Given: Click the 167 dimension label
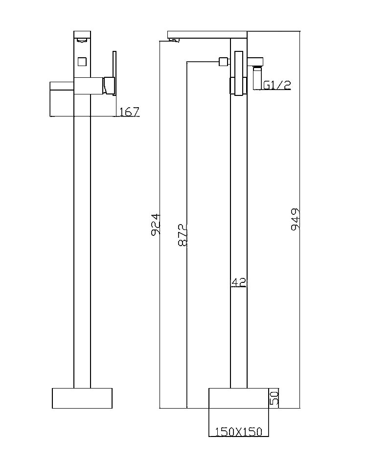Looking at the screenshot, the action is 130,112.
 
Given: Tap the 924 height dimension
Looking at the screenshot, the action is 156,224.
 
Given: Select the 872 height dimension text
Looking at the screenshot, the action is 183,235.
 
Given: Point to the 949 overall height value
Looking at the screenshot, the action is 295,219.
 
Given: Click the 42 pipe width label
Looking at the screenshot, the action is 238,283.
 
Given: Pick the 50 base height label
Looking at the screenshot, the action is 274,398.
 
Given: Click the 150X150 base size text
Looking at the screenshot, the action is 238,432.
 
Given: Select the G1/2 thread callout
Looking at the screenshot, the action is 277,85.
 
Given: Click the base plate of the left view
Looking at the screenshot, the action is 82,398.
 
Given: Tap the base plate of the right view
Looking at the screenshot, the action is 238,398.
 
